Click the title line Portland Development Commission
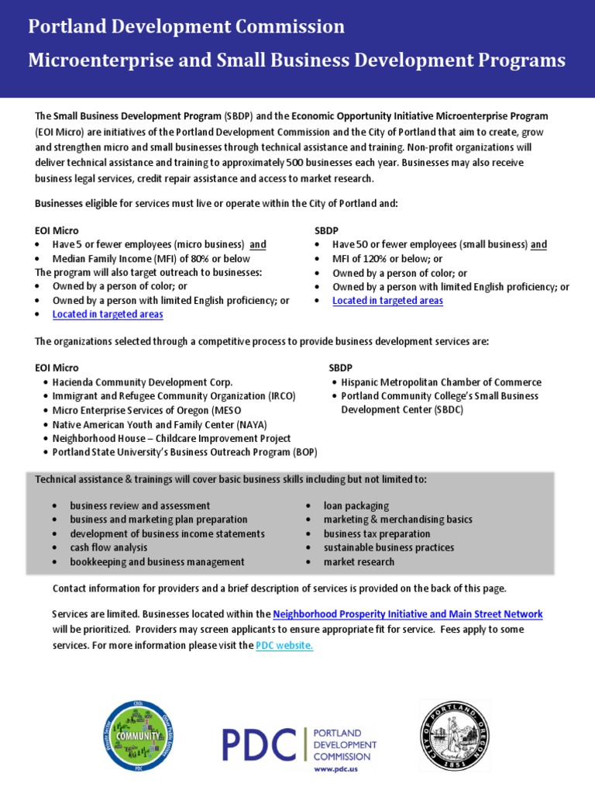pos(187,27)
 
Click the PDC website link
pos(284,645)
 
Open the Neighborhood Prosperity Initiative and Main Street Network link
pos(408,614)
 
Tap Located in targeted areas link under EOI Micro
pos(108,314)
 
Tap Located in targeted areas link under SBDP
pos(387,300)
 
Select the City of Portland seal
pos(454,734)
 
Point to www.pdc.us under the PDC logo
pos(335,769)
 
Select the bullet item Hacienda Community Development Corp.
pos(143,382)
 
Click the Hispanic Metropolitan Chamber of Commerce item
pos(441,382)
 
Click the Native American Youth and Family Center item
pos(161,424)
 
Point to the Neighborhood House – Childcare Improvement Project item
pos(171,438)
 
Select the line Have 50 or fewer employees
pos(439,244)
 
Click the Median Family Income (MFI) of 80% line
pos(151,258)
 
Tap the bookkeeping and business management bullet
pos(157,561)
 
